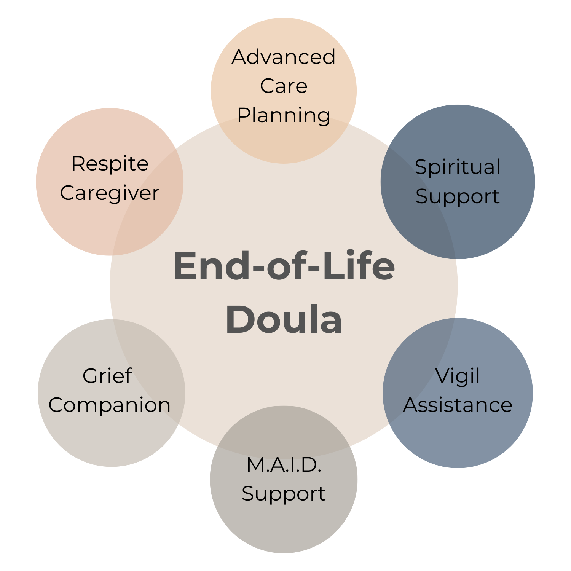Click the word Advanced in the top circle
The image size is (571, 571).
tap(284, 57)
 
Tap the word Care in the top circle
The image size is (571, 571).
tap(284, 86)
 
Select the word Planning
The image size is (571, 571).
tap(284, 115)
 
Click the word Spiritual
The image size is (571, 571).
tap(458, 167)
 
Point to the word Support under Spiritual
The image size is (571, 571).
tap(458, 197)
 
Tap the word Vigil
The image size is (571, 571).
tap(458, 376)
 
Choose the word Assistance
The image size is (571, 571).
tap(458, 405)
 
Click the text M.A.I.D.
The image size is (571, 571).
tap(284, 465)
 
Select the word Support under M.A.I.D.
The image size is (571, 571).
tap(284, 494)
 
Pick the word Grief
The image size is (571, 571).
tap(107, 376)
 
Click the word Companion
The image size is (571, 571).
tap(110, 405)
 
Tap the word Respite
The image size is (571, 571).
tap(110, 164)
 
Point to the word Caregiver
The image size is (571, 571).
tap(110, 193)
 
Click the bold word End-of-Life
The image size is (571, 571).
tap(284, 266)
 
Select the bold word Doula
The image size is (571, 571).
tap(284, 320)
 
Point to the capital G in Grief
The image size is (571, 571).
tap(91, 376)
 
